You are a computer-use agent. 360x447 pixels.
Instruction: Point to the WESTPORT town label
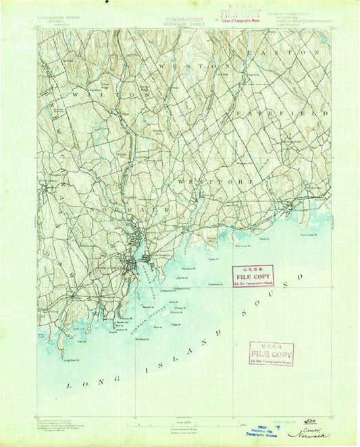coord(215,182)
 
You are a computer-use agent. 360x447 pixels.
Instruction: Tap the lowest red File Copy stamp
coord(271,353)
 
